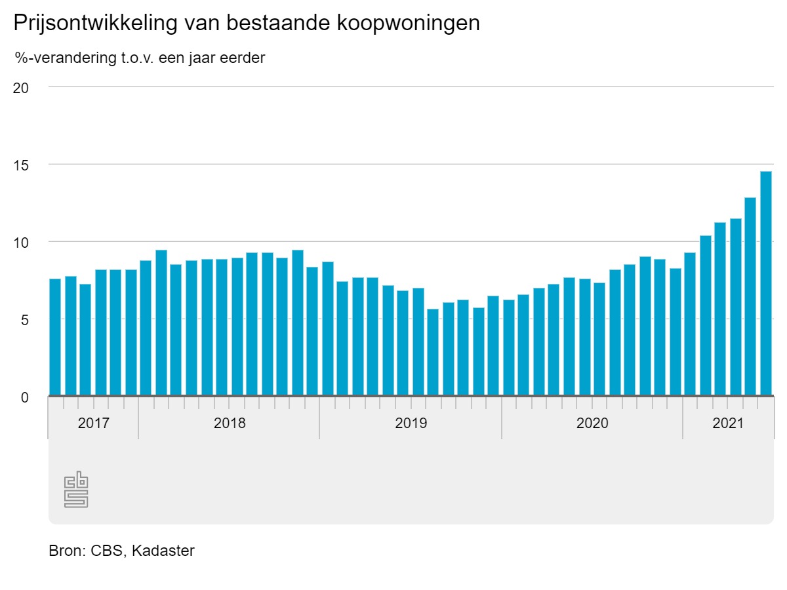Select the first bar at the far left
coord(55,337)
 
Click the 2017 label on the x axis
coord(94,423)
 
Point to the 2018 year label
coord(230,423)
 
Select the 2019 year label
coord(411,423)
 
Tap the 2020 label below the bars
coord(592,423)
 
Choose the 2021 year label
coord(728,423)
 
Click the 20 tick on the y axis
coord(21,87)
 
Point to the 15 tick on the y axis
coord(21,165)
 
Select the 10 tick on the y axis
coord(21,242)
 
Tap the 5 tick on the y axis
coord(25,319)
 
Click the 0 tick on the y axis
coord(25,397)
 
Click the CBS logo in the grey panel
coord(76,489)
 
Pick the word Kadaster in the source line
coord(163,551)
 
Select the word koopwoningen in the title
coord(409,24)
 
